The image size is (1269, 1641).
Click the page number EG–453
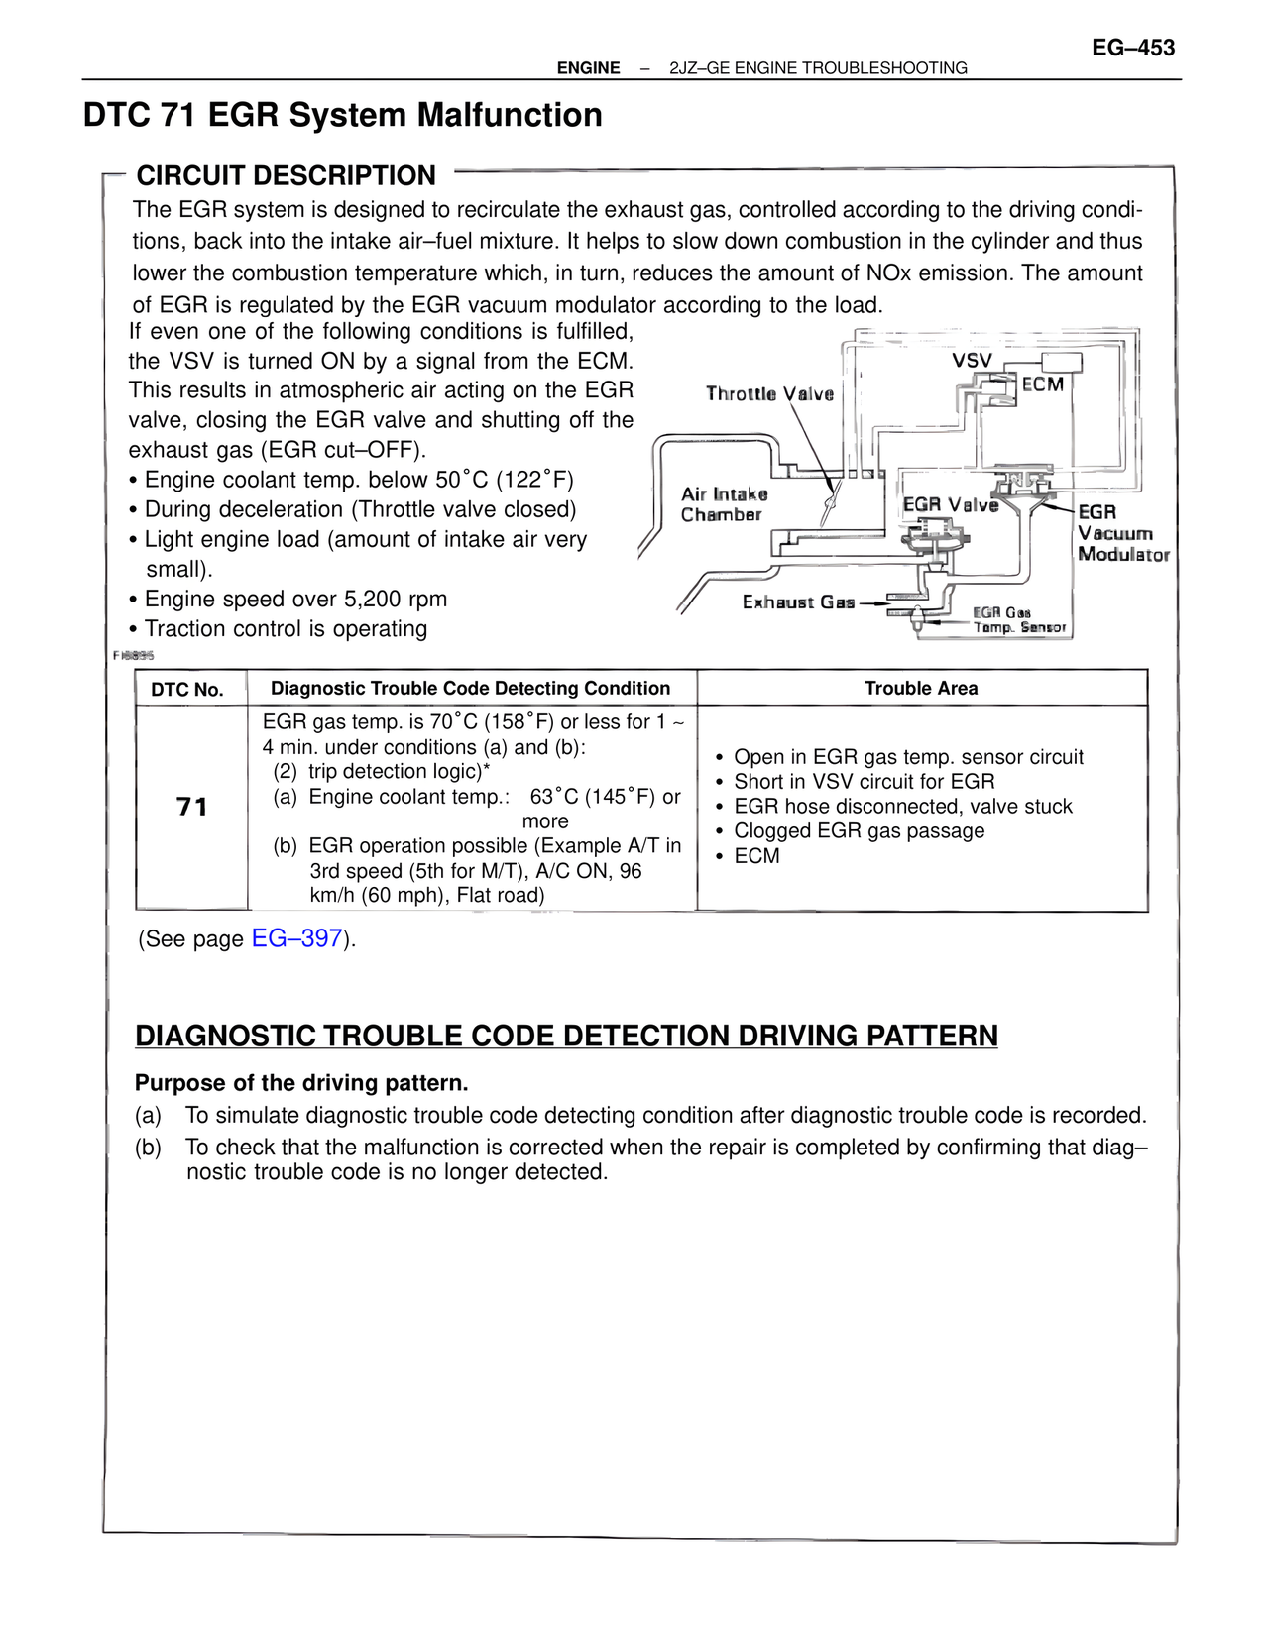[x=1133, y=48]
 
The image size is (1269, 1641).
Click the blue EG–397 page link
[x=296, y=938]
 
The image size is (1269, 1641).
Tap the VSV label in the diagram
[x=972, y=361]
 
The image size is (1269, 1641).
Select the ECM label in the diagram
[x=1043, y=384]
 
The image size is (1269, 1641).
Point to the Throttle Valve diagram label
[x=769, y=394]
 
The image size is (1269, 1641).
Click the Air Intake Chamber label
[x=724, y=504]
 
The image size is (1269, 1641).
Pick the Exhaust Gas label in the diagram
[x=798, y=602]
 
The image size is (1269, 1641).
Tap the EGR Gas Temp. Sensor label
[x=1019, y=621]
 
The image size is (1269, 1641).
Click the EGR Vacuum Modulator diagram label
[x=1123, y=533]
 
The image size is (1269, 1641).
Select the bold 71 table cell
[x=191, y=807]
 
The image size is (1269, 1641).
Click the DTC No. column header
[x=187, y=690]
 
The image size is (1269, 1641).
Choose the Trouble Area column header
[x=921, y=689]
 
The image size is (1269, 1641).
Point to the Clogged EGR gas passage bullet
[x=859, y=831]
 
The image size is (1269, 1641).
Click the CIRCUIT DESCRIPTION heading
[x=286, y=176]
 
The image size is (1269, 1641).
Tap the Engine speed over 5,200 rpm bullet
[x=295, y=600]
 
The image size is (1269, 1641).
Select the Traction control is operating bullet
[x=286, y=629]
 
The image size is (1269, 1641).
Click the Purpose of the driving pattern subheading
[x=301, y=1083]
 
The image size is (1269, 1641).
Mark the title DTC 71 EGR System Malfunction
[x=343, y=115]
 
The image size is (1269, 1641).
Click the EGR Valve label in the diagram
[x=950, y=505]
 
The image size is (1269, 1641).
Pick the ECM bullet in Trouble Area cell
[x=756, y=856]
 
